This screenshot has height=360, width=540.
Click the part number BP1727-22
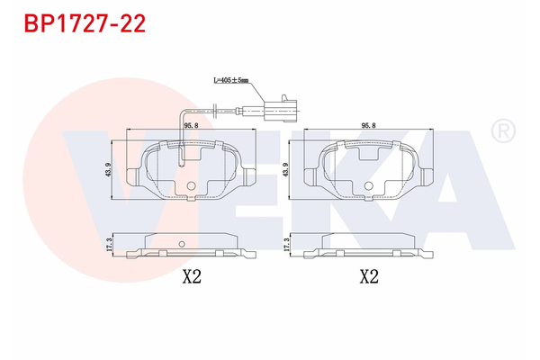[83, 23]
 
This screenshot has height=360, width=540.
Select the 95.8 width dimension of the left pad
[190, 127]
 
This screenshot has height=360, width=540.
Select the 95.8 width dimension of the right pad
[368, 127]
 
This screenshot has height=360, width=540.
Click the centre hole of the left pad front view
[190, 185]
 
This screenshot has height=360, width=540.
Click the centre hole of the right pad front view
[368, 185]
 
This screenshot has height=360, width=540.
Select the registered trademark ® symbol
[501, 132]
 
